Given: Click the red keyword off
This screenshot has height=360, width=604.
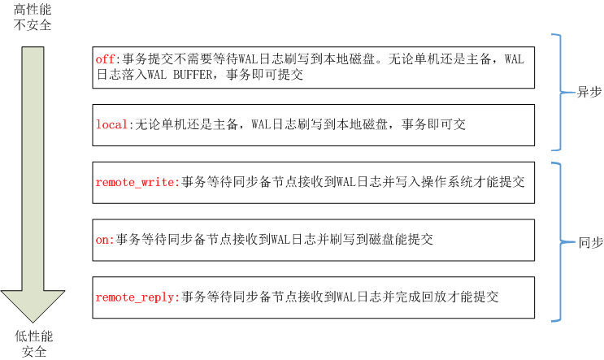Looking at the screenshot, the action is pos(106,59).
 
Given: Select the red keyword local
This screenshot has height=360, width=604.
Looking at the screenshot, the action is pos(111,124).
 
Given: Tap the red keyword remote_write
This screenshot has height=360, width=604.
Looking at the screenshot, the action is pos(135,182).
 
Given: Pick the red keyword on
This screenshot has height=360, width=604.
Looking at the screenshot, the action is pos(103,240).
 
